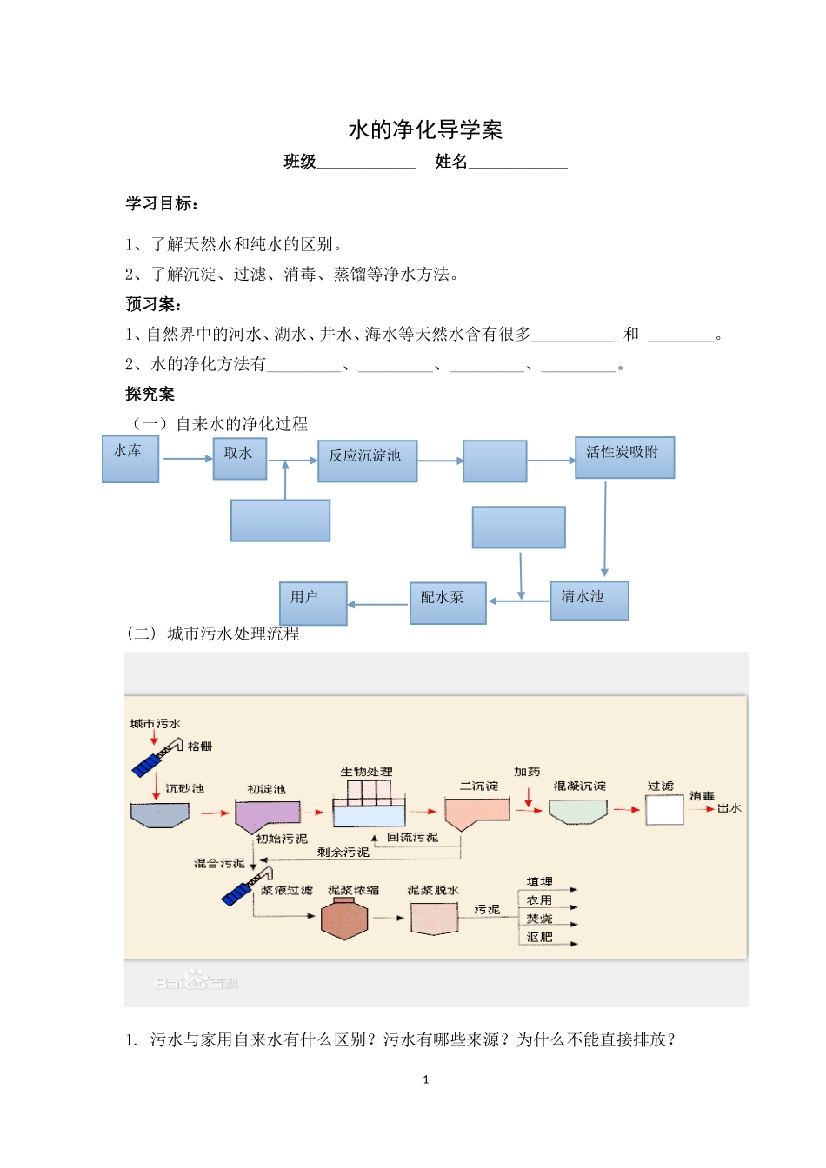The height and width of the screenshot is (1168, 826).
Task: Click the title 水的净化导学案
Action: coord(425,130)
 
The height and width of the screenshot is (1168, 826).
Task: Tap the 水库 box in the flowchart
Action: coord(130,460)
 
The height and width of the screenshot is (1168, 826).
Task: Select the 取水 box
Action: coord(240,458)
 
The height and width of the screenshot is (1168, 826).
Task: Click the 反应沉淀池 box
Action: coord(367,460)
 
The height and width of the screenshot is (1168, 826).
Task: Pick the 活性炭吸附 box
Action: coord(624,457)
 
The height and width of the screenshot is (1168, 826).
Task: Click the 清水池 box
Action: coord(589,600)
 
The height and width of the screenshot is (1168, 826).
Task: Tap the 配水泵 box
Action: coord(447,602)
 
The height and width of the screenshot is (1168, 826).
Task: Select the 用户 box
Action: coord(313,602)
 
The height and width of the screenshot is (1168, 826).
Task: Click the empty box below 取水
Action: coord(280,521)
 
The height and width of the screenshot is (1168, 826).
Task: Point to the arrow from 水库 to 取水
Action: coord(187,458)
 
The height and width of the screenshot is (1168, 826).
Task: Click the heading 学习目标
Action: coord(162,203)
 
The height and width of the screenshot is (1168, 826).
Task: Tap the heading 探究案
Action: coord(150,395)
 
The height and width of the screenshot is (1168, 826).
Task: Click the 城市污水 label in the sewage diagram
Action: coord(156,723)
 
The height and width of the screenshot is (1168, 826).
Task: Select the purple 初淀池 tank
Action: coord(267,816)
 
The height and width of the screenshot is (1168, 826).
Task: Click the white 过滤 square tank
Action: coord(664,810)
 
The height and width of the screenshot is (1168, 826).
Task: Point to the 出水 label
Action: coord(729,808)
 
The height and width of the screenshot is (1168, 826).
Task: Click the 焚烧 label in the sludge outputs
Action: coord(539,919)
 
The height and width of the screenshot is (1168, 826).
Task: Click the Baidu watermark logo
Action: coord(197,982)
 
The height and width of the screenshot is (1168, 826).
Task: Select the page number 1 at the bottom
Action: coord(425,1079)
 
